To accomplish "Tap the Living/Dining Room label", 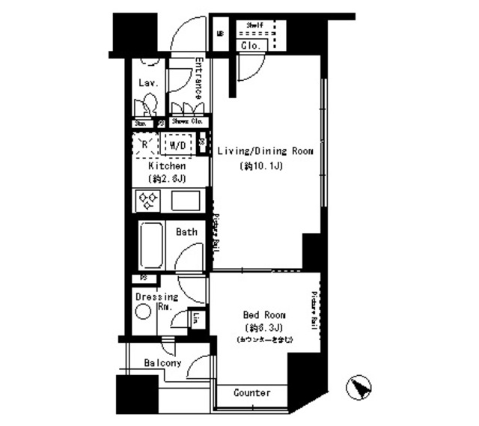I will tap(260, 150).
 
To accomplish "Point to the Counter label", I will tap(251, 393).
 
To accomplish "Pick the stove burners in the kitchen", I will tap(147, 200).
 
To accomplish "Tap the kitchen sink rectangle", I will tap(185, 201).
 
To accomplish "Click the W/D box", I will tap(177, 144).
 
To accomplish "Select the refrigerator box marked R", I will tap(146, 144).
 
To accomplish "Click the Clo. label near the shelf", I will tap(250, 46).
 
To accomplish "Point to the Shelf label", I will tap(256, 25).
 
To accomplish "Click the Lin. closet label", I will tap(195, 319).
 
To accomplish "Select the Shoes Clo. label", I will tap(187, 121).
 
